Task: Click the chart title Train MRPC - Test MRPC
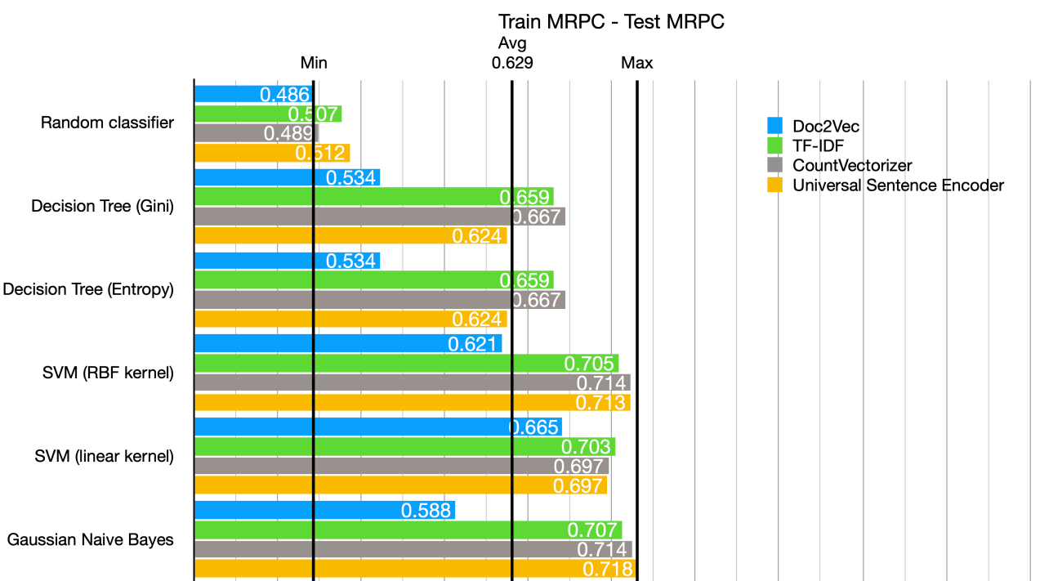point(611,22)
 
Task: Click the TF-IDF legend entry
point(817,146)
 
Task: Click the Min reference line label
point(314,63)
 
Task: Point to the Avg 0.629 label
point(512,53)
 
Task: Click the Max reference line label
point(636,63)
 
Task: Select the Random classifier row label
point(107,123)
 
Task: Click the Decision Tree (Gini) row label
point(102,207)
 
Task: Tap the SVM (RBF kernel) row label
point(109,373)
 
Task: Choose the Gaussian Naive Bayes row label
point(91,540)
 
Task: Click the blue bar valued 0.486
point(253,94)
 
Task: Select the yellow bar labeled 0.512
point(271,153)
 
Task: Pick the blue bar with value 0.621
point(347,343)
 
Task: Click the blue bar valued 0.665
point(377,427)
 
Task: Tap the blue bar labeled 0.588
point(324,510)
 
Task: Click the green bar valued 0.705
point(406,363)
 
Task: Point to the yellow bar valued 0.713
point(412,402)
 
